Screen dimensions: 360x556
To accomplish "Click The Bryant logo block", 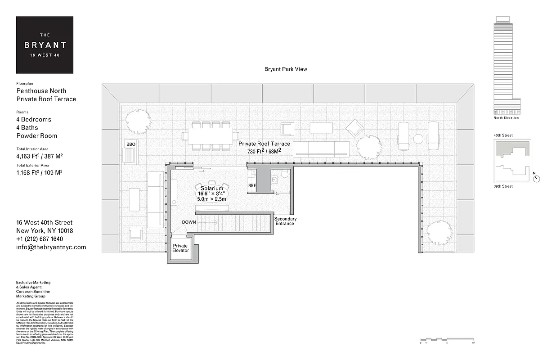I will (x=45, y=45).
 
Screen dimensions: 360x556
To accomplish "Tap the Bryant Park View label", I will (x=286, y=69).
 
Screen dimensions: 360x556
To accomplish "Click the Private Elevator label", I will (x=180, y=248).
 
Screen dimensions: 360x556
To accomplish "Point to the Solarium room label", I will (x=212, y=188).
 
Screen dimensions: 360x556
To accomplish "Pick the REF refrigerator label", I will (x=252, y=185).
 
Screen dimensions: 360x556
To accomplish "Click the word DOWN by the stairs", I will (x=189, y=222).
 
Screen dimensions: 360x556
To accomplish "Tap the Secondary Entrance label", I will (x=285, y=221).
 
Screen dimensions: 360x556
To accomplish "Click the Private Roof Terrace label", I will (x=264, y=144).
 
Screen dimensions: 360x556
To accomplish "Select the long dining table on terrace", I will (x=211, y=135).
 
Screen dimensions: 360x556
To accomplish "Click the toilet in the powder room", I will (x=284, y=175).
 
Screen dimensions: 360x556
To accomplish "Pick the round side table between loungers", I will (x=418, y=139).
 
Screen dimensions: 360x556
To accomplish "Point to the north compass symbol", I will (x=536, y=178).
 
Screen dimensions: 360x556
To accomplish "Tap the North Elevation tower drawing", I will (x=503, y=65).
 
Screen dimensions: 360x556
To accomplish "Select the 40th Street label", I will (x=503, y=135).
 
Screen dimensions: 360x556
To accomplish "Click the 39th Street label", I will (x=503, y=186).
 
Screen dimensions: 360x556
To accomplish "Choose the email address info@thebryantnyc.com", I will (x=51, y=247).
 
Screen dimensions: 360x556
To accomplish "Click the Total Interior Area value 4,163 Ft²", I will (x=39, y=157).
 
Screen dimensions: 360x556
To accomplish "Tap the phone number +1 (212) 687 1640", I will (x=40, y=239).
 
